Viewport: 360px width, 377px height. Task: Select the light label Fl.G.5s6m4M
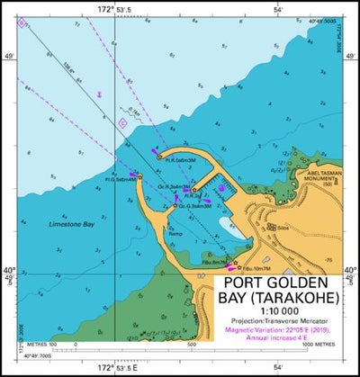tap(121, 179)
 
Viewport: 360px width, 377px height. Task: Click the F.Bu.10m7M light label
tap(255, 268)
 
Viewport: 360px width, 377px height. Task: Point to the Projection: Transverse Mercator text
tap(282, 321)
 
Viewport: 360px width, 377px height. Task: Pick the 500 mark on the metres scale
tap(191, 344)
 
